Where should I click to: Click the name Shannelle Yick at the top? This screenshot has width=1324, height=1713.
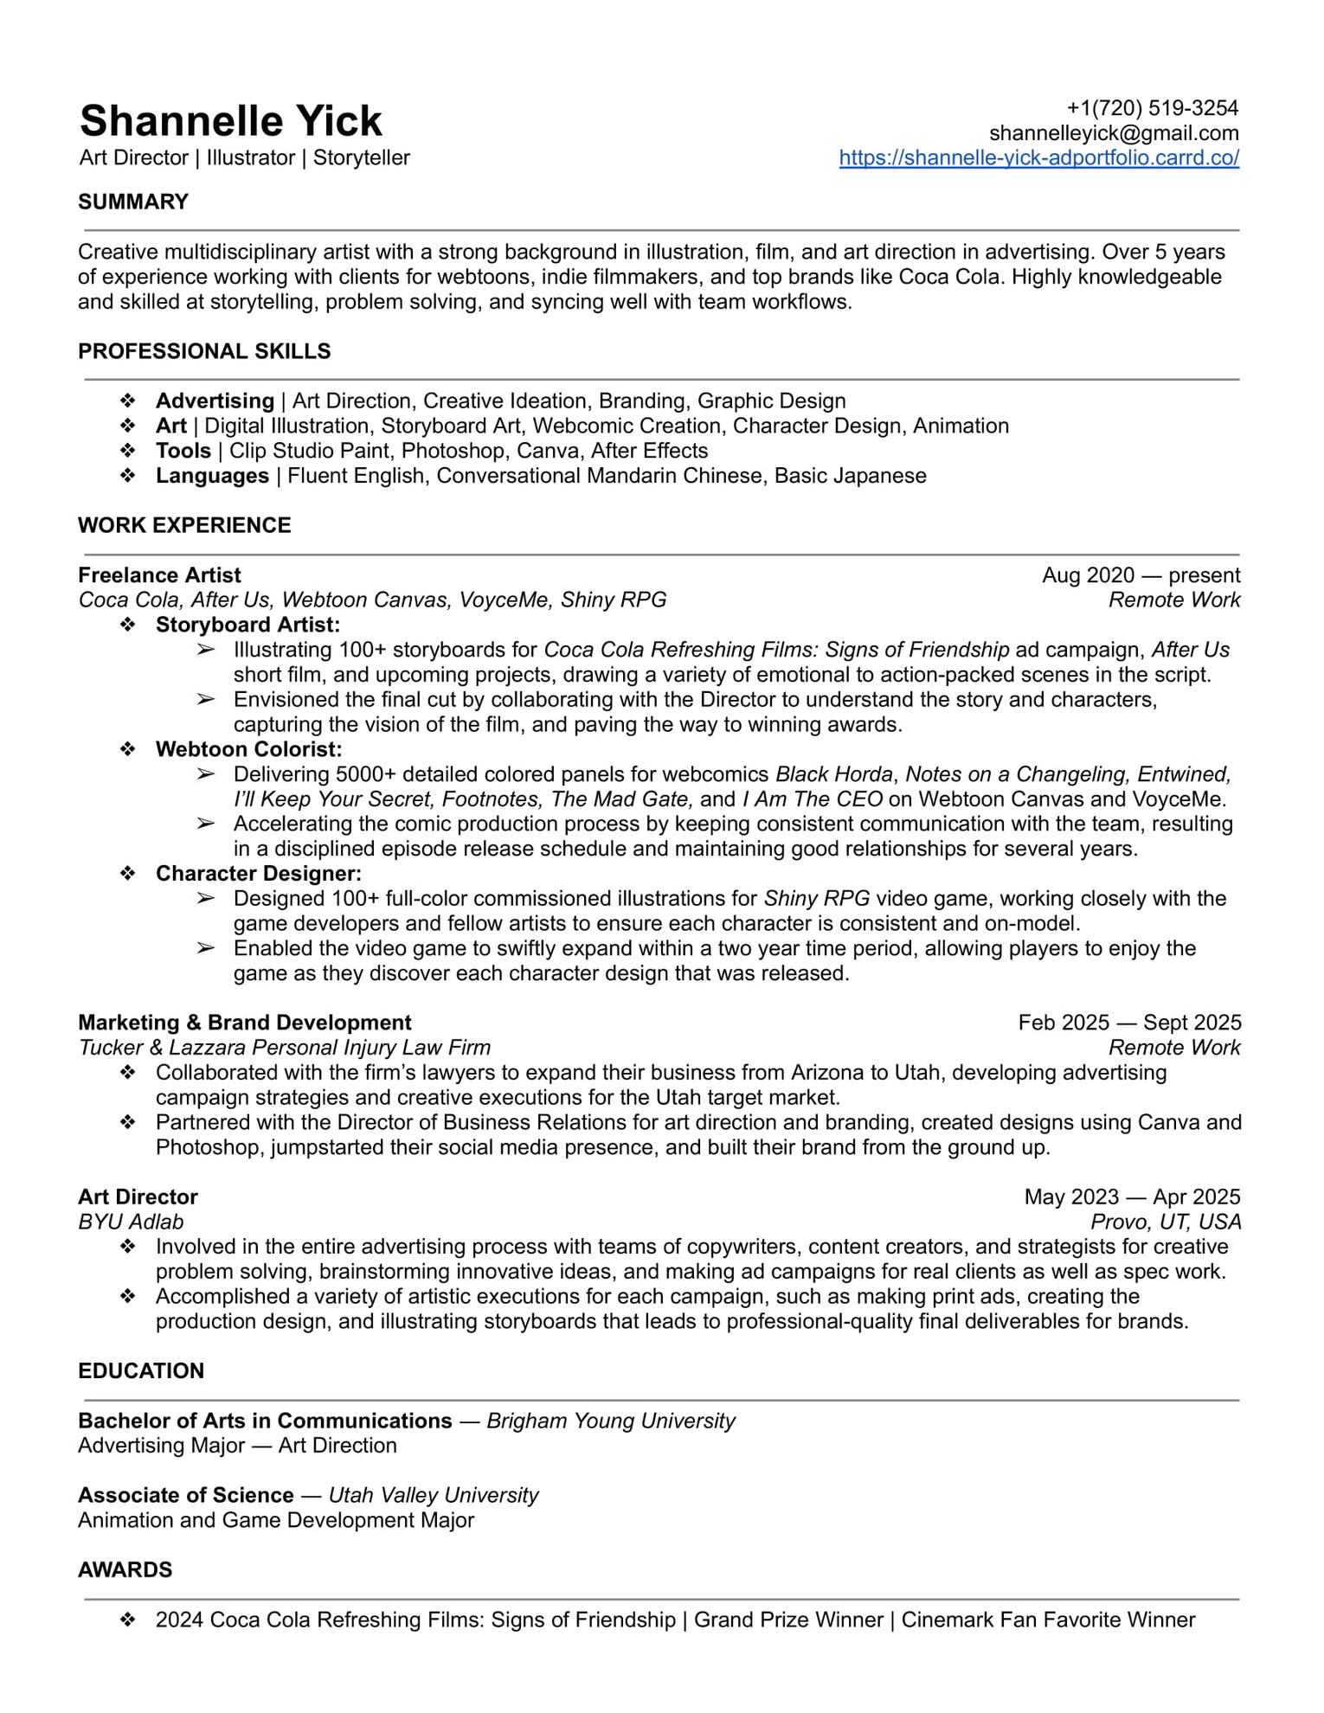(230, 121)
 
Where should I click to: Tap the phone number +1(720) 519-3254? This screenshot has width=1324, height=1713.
(1152, 108)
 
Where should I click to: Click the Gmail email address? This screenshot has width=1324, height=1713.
(1114, 133)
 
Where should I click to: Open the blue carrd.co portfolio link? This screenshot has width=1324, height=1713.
(1038, 158)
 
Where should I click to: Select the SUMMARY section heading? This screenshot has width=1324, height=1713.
(133, 202)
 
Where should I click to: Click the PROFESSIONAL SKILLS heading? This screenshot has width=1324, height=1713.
(204, 351)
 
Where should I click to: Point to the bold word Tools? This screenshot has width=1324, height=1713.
(183, 451)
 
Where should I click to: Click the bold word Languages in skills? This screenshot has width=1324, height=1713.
(212, 476)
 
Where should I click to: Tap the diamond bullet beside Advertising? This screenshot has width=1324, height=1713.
(128, 401)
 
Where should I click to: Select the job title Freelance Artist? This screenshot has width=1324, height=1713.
(159, 575)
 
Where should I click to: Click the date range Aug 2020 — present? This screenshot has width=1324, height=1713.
(1141, 575)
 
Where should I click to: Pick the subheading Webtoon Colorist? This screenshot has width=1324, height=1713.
(248, 749)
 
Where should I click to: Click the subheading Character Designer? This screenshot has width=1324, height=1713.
(258, 874)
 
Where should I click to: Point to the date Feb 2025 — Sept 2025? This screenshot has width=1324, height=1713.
(1129, 1023)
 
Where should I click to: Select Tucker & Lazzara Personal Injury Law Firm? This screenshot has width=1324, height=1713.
(284, 1048)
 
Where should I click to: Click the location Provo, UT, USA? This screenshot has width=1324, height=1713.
(1165, 1222)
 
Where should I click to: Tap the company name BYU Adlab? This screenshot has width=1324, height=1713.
(131, 1222)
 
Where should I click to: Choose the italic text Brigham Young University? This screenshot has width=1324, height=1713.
(611, 1421)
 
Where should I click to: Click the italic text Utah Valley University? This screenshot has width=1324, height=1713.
(434, 1495)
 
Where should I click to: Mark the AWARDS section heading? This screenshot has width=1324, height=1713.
(125, 1569)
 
